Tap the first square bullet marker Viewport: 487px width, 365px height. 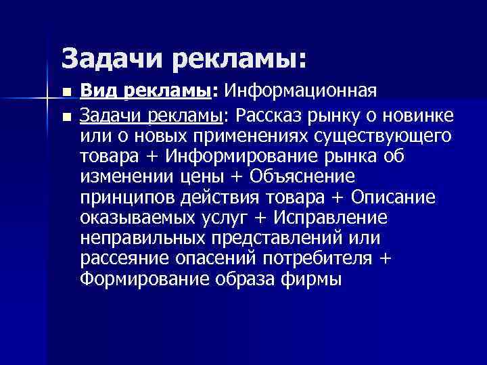(65, 92)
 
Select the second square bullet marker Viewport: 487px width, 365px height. (65, 117)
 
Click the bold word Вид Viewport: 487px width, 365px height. (97, 91)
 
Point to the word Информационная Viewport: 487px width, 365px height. (300, 91)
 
